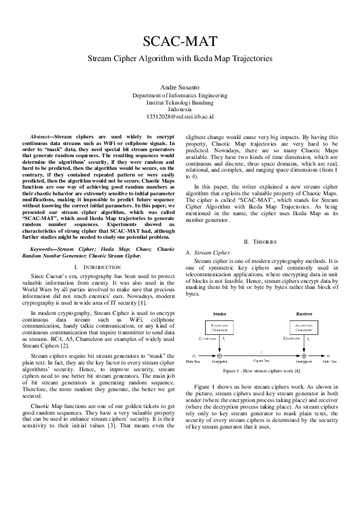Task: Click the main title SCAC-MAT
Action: point(180,41)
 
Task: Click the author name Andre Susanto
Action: point(180,88)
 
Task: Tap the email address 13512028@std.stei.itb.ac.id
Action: point(180,116)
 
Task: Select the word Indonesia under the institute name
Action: point(180,109)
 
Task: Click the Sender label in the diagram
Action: point(220,314)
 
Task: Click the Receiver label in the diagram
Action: point(303,314)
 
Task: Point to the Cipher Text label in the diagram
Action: point(261,361)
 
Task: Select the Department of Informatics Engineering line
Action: point(180,96)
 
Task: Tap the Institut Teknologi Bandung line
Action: point(180,103)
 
